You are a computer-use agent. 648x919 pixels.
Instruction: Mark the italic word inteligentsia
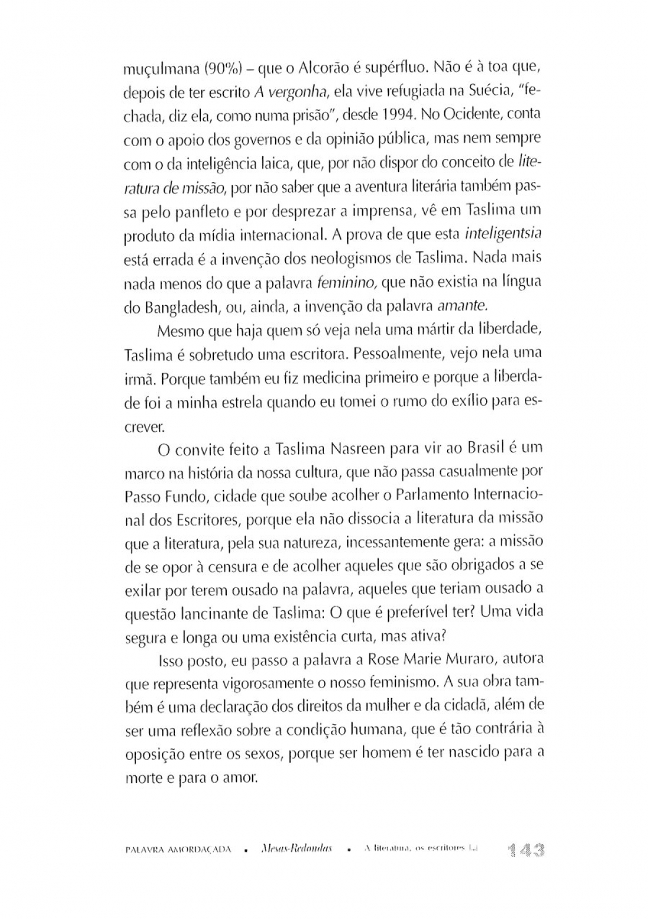pyautogui.click(x=503, y=234)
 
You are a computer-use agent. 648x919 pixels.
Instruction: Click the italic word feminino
pyautogui.click(x=346, y=282)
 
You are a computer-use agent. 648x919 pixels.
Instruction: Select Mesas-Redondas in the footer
pyautogui.click(x=293, y=849)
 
